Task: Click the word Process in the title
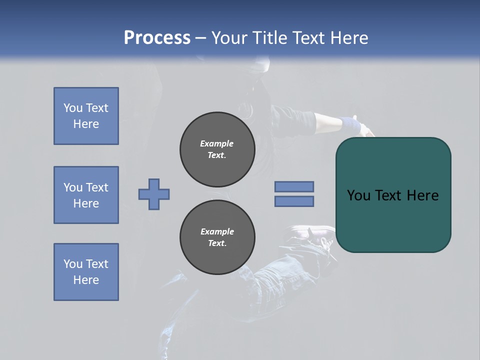157,38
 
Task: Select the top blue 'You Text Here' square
86,116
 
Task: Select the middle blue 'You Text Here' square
86,195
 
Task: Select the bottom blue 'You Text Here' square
86,272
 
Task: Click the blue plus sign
154,194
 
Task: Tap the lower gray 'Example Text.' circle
217,237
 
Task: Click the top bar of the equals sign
294,186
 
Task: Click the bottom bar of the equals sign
294,201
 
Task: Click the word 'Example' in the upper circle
216,143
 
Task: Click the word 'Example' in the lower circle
217,231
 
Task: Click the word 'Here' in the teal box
422,195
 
